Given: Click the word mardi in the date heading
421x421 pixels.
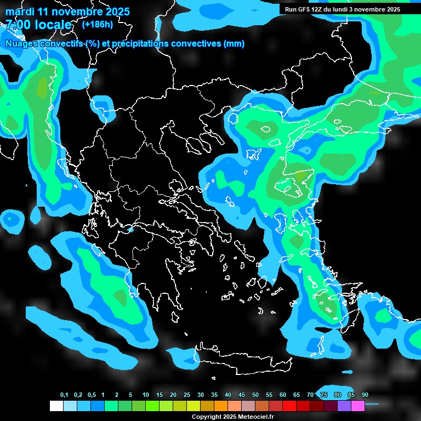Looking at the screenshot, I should [x=19, y=12].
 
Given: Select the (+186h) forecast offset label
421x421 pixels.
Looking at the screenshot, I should [x=97, y=24].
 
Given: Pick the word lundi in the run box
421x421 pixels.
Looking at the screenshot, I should [x=346, y=9].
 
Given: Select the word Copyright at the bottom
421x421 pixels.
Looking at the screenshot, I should [x=206, y=417].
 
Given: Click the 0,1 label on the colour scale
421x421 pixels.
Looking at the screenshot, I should [x=64, y=395].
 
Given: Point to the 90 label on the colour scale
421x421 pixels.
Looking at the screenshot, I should [x=365, y=395].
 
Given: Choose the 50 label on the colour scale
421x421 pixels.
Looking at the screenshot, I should [x=255, y=395].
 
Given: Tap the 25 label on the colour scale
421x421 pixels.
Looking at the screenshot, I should [x=187, y=395].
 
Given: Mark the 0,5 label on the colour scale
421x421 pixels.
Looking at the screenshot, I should [x=92, y=395].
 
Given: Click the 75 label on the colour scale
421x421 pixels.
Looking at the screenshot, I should [x=324, y=395].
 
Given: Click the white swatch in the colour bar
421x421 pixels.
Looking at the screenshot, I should [x=56, y=406].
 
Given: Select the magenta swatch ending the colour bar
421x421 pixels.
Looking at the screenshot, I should [x=358, y=406].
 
